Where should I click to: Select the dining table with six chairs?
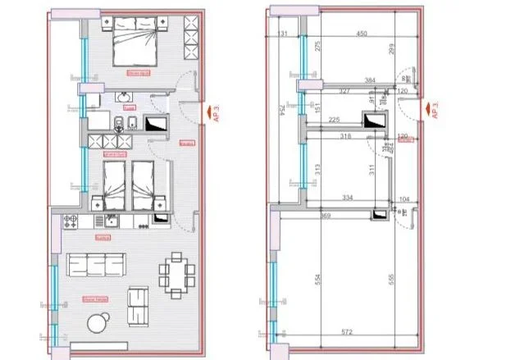coord(177,272)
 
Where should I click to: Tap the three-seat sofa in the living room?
coord(96,265)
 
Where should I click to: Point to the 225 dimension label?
coord(334,119)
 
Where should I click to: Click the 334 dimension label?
coord(346,198)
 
